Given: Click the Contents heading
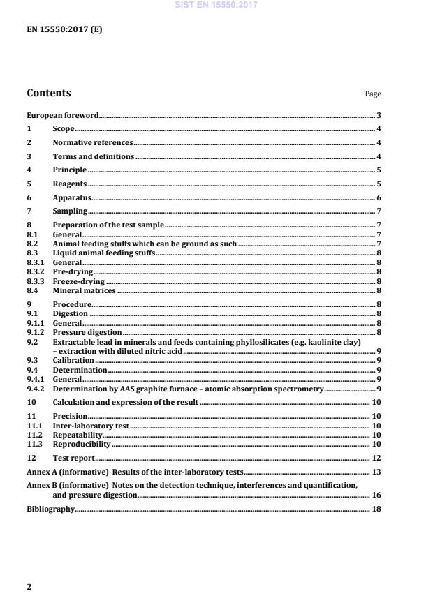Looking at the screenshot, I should [x=48, y=94].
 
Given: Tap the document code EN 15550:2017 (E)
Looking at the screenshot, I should [x=64, y=30].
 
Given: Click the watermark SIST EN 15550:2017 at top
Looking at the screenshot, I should [x=216, y=4].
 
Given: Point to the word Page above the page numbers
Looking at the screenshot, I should [x=373, y=95].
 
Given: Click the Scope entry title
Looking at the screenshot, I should [x=64, y=129].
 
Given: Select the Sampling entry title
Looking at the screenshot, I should [x=70, y=211].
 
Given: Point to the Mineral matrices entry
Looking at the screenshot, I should [x=85, y=290].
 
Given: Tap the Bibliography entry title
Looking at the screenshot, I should [x=50, y=509].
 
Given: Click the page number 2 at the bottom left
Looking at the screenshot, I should [x=29, y=587].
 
